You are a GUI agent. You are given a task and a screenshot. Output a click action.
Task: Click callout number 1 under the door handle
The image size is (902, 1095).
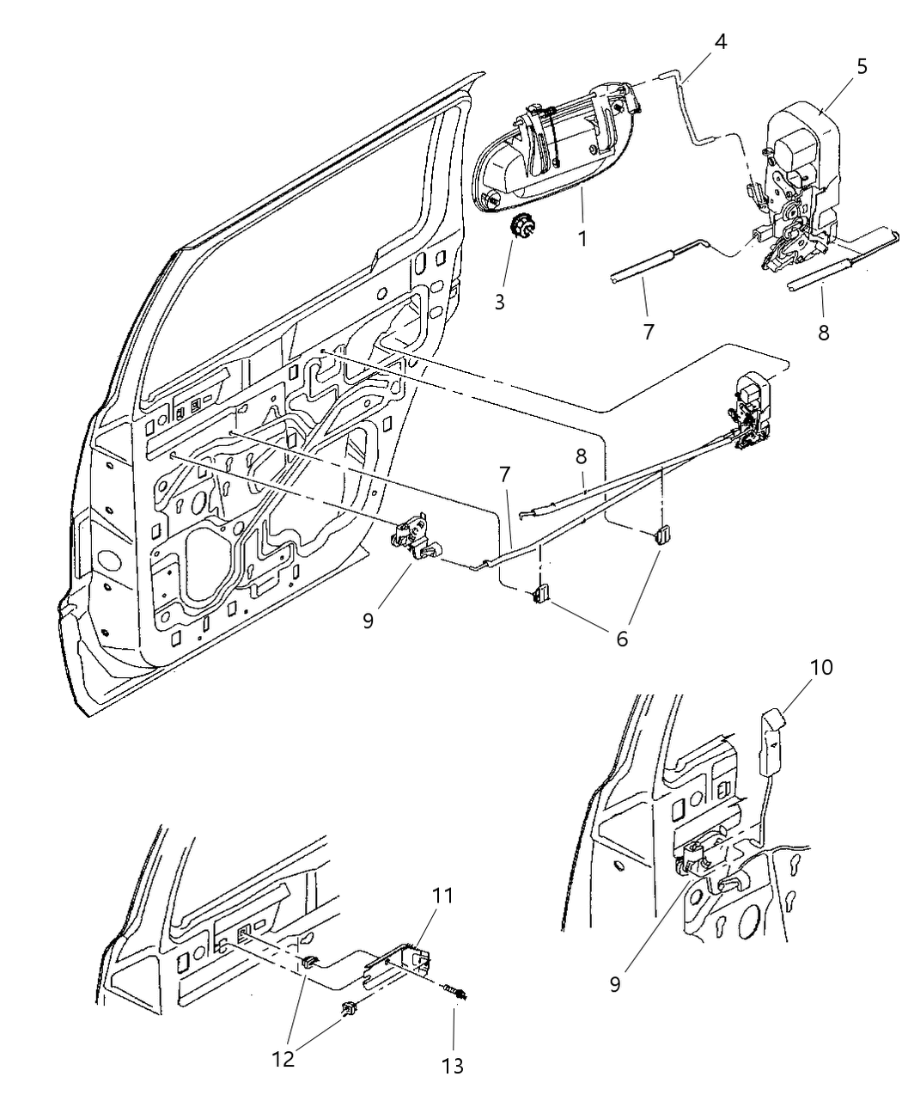click(x=582, y=237)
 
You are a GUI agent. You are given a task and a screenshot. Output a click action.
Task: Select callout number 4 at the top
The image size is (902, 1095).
click(x=720, y=41)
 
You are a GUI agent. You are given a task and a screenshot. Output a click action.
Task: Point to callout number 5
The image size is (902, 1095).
click(x=862, y=66)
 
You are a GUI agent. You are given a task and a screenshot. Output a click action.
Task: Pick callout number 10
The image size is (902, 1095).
click(x=821, y=666)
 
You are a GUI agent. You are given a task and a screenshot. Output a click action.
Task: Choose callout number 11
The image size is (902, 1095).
click(x=444, y=896)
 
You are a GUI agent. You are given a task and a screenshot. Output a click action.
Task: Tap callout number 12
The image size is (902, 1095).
click(x=283, y=1059)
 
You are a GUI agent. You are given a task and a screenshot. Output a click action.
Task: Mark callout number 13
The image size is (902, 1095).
click(x=453, y=1066)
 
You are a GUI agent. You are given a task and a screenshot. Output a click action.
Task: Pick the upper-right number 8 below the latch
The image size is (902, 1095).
click(x=823, y=331)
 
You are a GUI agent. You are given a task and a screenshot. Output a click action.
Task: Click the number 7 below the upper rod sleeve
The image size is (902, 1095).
click(x=649, y=330)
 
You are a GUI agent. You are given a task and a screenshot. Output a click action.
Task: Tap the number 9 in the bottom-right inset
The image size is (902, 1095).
click(x=615, y=983)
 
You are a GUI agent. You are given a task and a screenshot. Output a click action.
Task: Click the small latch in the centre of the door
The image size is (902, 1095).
click(x=414, y=538)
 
